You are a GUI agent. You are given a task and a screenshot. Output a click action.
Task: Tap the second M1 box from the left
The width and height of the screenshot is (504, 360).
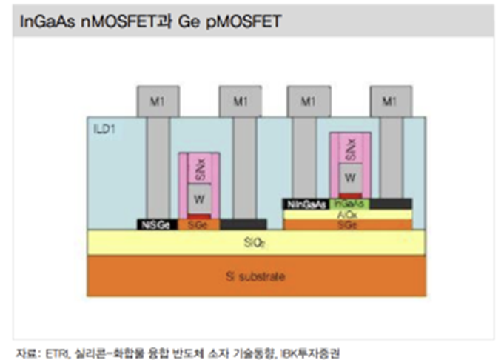click(x=240, y=101)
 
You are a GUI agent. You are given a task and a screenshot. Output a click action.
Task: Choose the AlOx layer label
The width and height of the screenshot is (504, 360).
click(x=348, y=214)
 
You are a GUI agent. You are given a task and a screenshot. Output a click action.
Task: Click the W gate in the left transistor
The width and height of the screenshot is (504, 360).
click(x=199, y=198)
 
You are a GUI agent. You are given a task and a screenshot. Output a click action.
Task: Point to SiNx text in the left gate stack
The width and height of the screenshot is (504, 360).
click(x=199, y=169)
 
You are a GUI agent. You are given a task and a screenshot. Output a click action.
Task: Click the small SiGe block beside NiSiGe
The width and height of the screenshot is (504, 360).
click(x=198, y=224)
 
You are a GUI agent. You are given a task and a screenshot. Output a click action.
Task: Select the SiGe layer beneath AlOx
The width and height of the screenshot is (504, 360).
click(x=348, y=224)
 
